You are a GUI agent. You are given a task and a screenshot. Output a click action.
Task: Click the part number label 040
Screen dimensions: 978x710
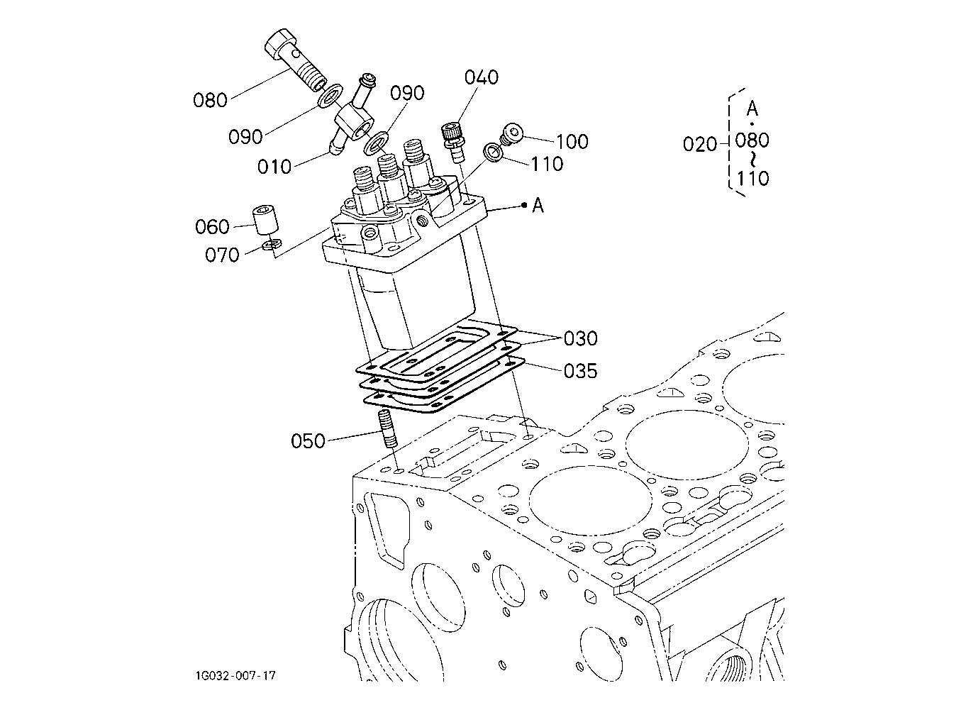[481, 77]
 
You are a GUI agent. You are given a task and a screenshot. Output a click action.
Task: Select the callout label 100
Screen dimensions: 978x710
[572, 141]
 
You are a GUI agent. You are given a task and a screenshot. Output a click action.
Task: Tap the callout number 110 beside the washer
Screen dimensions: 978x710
[547, 164]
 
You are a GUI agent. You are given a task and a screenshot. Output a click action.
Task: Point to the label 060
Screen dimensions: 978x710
[212, 227]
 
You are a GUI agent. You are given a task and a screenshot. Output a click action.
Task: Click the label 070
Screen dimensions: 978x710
[222, 255]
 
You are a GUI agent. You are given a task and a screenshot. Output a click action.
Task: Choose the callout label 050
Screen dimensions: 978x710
[308, 441]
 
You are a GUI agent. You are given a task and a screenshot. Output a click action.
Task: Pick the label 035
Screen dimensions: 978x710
[580, 371]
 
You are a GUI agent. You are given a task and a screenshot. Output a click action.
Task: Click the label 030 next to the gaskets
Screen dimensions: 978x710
[580, 338]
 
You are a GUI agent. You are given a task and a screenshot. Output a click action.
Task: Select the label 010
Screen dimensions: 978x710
[274, 167]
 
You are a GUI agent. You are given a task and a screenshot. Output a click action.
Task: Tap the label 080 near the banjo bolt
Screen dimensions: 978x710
[210, 101]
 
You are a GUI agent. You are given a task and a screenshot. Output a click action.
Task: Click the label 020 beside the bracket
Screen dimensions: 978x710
[700, 144]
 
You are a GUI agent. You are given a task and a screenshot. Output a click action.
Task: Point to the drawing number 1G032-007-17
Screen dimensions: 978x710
[235, 676]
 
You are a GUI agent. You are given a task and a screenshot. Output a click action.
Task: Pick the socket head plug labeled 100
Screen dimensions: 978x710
[511, 133]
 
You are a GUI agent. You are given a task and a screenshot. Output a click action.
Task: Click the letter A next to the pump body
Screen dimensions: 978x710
[538, 205]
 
